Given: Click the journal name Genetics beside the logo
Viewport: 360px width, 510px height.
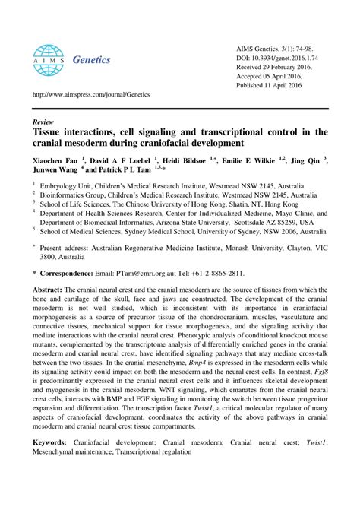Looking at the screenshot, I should (91, 59).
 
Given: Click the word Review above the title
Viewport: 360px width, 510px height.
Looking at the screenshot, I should (44, 121).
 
